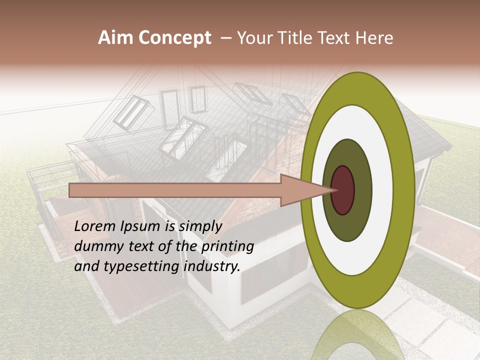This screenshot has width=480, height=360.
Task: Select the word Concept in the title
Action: pyautogui.click(x=174, y=38)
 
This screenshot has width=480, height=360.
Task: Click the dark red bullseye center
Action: pyautogui.click(x=343, y=190)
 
